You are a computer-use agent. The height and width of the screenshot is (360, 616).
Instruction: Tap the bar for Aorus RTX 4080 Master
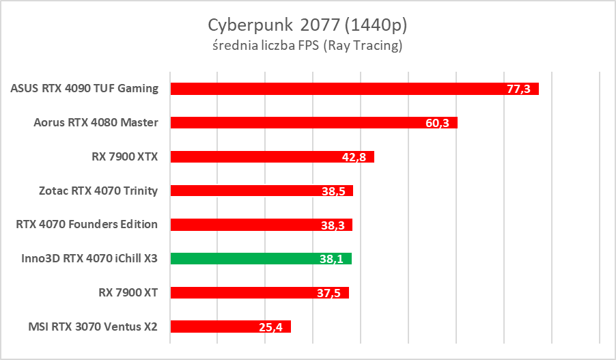click(x=294, y=123)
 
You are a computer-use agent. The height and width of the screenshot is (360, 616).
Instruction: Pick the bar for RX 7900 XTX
click(x=260, y=157)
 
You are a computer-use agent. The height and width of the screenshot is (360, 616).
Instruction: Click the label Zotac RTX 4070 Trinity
click(x=98, y=191)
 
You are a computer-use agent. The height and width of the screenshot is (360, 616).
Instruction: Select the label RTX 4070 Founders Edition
click(x=87, y=224)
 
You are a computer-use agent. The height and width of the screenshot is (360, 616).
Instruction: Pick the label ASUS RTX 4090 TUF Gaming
click(x=85, y=88)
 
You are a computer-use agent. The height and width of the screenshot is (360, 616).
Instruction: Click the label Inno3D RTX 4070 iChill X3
click(x=90, y=258)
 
